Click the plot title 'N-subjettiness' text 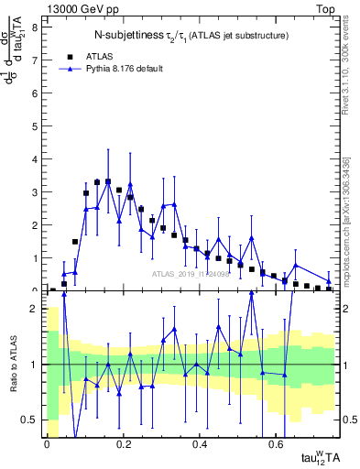(127, 36)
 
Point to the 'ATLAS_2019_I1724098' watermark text (190, 273)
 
